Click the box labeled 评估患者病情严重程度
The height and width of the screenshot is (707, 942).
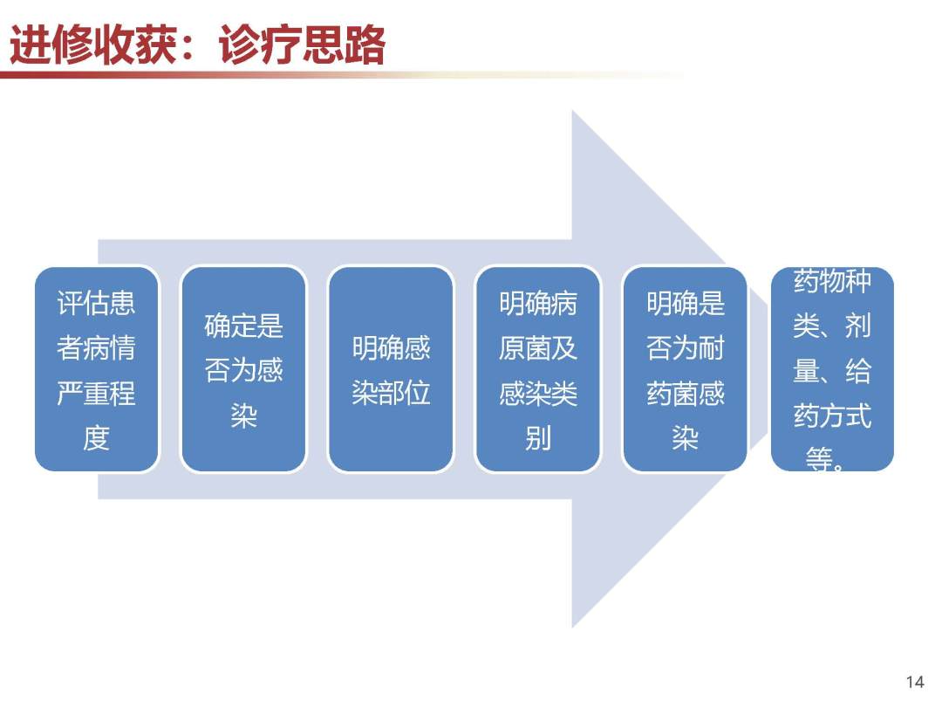point(97,369)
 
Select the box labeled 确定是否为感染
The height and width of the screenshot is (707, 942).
point(244,369)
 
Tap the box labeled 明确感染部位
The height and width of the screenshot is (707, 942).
point(391,369)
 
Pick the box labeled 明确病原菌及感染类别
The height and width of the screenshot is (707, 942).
point(538,369)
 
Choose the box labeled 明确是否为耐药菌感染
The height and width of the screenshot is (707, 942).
point(686,369)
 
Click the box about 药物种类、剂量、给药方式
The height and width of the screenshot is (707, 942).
point(833,369)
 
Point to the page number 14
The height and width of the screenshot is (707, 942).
point(915,682)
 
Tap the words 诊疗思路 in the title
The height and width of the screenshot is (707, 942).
point(302,45)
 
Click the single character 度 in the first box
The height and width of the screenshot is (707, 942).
point(97,438)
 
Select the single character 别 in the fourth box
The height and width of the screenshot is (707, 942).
point(538,438)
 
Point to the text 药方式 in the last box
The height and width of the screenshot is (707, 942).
point(833,415)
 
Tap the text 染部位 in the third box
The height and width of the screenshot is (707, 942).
point(391,393)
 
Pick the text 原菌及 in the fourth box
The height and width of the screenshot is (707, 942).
point(538,348)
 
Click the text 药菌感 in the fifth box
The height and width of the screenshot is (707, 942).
point(686,393)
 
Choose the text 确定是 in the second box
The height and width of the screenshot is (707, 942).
point(244,326)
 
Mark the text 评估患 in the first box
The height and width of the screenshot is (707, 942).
point(97,303)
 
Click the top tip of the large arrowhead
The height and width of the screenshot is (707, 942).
point(572,111)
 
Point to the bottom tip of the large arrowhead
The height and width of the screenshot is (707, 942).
point(572,628)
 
